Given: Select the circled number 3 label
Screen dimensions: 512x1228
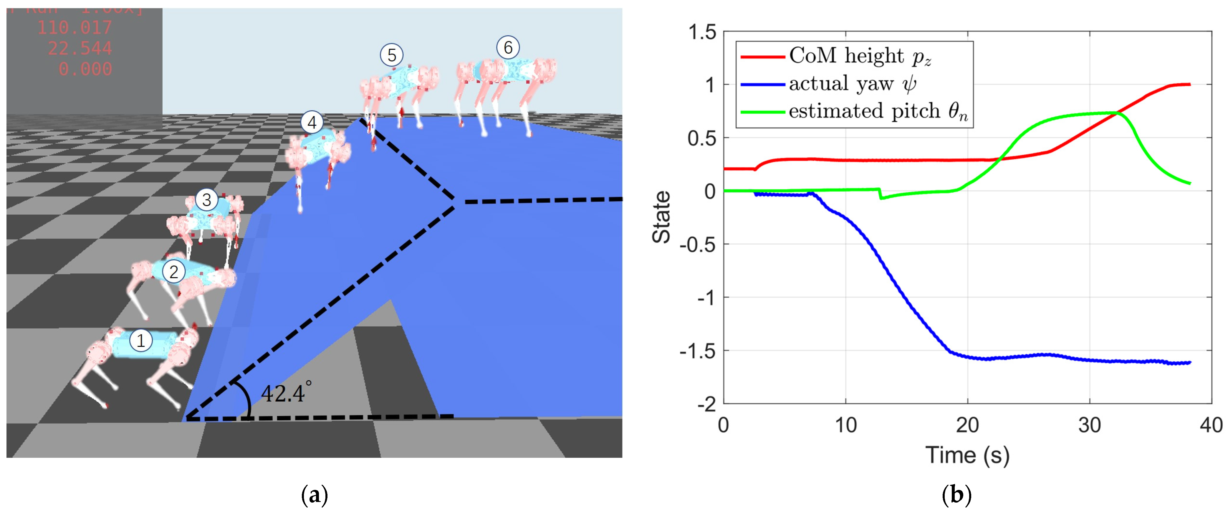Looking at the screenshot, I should [x=206, y=200].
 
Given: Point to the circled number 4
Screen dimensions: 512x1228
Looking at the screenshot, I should [x=312, y=123].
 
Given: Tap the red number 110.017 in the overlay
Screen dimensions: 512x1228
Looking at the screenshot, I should [x=75, y=28].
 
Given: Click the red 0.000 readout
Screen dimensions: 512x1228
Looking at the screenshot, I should [x=85, y=69].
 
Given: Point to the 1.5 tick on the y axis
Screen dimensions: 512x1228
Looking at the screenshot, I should [x=702, y=32].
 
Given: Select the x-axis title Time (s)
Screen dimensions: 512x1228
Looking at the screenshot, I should [x=967, y=455].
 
